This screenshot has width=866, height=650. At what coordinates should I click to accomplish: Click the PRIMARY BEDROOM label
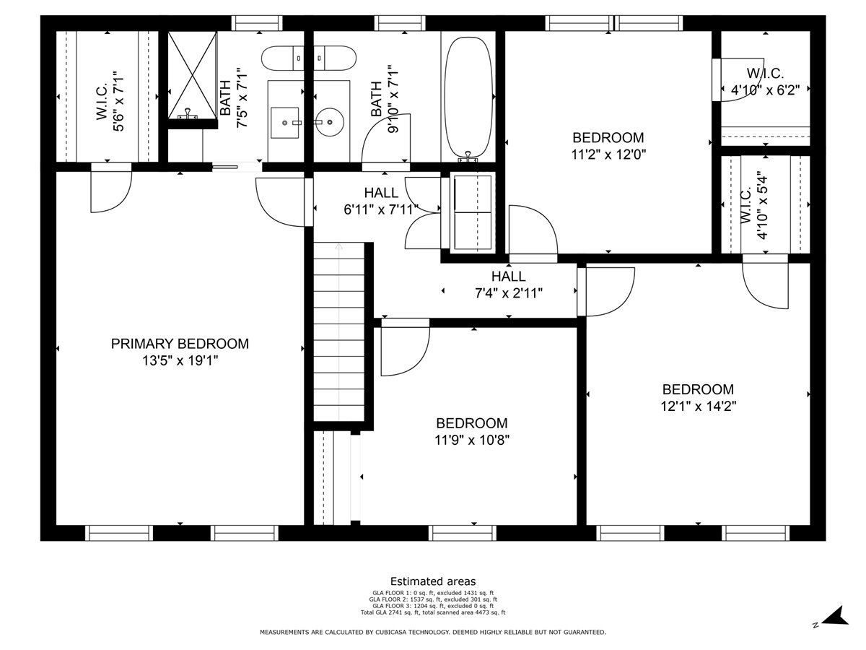[180, 344]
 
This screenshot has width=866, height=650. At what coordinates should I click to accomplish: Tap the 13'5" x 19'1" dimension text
[180, 360]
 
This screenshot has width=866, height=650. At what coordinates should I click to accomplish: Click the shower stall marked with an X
[193, 75]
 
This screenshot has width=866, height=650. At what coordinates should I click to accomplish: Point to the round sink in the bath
[329, 122]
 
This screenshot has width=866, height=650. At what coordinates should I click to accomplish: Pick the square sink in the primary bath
[285, 123]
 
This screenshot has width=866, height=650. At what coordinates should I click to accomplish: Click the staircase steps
[339, 332]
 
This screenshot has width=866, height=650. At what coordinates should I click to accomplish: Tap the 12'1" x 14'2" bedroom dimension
[699, 406]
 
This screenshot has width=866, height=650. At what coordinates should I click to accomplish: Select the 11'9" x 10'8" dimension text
[472, 440]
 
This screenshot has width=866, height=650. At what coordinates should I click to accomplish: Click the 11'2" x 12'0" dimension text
[608, 155]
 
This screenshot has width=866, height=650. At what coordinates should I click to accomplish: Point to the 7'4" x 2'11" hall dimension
[509, 293]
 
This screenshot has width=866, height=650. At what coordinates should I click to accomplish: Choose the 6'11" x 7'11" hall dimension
[381, 209]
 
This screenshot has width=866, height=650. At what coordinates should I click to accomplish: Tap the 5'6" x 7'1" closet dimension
[119, 101]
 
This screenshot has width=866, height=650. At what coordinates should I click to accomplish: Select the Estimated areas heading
[433, 581]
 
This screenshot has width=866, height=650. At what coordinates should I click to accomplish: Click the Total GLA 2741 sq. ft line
[433, 612]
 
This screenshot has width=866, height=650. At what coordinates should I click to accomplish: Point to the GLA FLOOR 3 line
[433, 606]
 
